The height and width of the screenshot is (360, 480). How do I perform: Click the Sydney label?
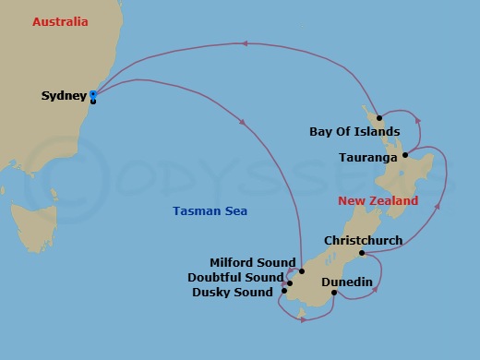point(64,95)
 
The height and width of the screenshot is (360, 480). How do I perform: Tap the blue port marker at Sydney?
point(93,94)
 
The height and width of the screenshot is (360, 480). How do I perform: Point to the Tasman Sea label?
point(210,211)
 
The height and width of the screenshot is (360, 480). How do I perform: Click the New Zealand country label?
point(378,200)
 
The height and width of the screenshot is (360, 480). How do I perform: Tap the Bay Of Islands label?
point(354,132)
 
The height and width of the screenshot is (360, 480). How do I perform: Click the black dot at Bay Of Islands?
point(379,119)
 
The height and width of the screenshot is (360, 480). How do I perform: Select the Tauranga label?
point(368,158)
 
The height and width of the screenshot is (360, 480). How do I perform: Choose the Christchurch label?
point(363,241)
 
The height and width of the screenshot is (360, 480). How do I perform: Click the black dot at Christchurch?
point(362,253)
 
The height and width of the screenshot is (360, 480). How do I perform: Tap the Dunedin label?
point(346,282)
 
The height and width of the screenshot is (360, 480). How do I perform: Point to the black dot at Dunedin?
point(334,294)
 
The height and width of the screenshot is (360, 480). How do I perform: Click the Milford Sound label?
point(252,262)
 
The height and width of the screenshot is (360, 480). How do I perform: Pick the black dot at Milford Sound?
point(301,271)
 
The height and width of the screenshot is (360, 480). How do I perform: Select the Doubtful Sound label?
point(235,277)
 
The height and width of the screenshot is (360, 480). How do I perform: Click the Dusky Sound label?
point(233,293)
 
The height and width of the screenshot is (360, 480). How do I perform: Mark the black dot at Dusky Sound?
point(285,293)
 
